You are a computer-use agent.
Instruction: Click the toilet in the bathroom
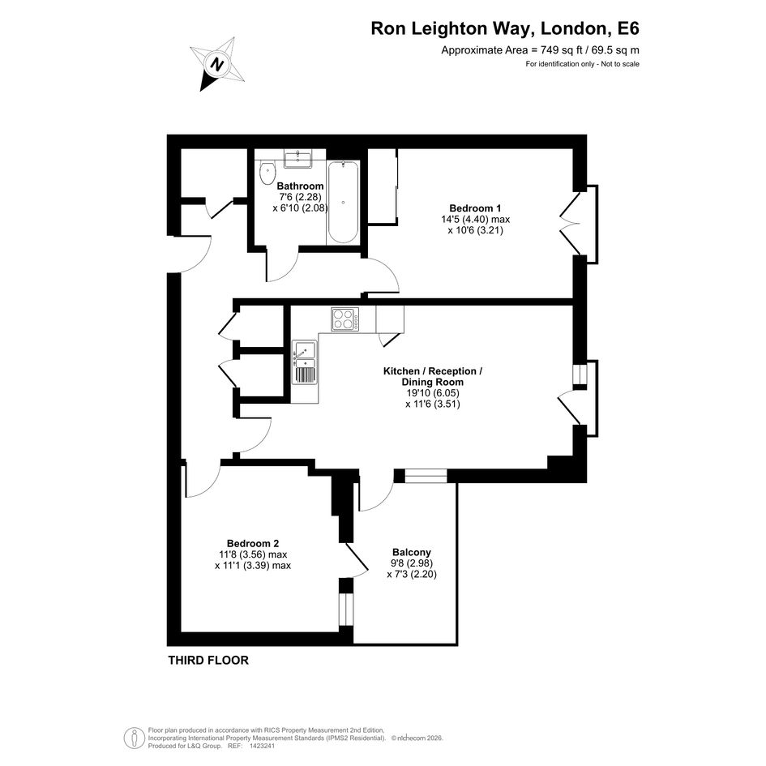coord(267,173)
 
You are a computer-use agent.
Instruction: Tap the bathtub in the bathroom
coord(343,203)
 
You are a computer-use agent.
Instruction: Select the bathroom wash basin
coord(298,159)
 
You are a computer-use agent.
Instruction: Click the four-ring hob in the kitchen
coord(344,319)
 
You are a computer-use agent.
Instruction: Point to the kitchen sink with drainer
coord(304,362)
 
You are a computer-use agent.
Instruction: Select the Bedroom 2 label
coord(253,543)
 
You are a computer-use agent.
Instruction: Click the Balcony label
coord(412,552)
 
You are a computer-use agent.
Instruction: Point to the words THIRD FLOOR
coord(208,660)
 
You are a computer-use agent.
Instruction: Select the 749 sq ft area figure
coord(559,49)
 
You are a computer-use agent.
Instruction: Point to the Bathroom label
coord(300,186)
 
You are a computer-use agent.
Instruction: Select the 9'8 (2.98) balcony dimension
coord(412,563)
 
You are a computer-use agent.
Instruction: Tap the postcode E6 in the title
coord(628,28)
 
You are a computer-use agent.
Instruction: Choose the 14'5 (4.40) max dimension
coord(475,220)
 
